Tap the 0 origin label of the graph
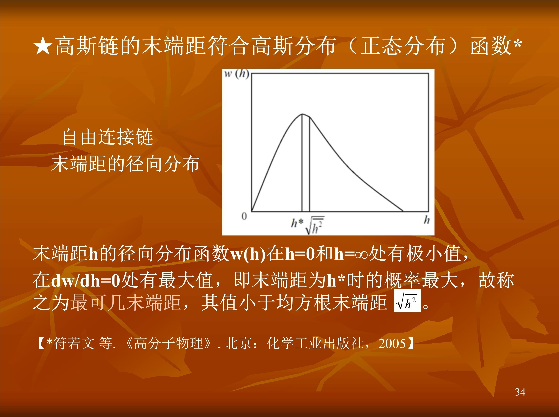click(x=244, y=216)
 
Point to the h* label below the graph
click(x=297, y=223)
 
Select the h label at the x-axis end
click(x=426, y=220)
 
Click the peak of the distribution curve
click(x=302, y=114)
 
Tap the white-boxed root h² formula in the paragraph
click(x=407, y=301)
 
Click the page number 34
click(x=520, y=392)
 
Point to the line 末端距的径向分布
click(x=126, y=164)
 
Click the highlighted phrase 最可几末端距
click(x=125, y=302)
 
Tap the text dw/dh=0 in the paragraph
click(x=86, y=280)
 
